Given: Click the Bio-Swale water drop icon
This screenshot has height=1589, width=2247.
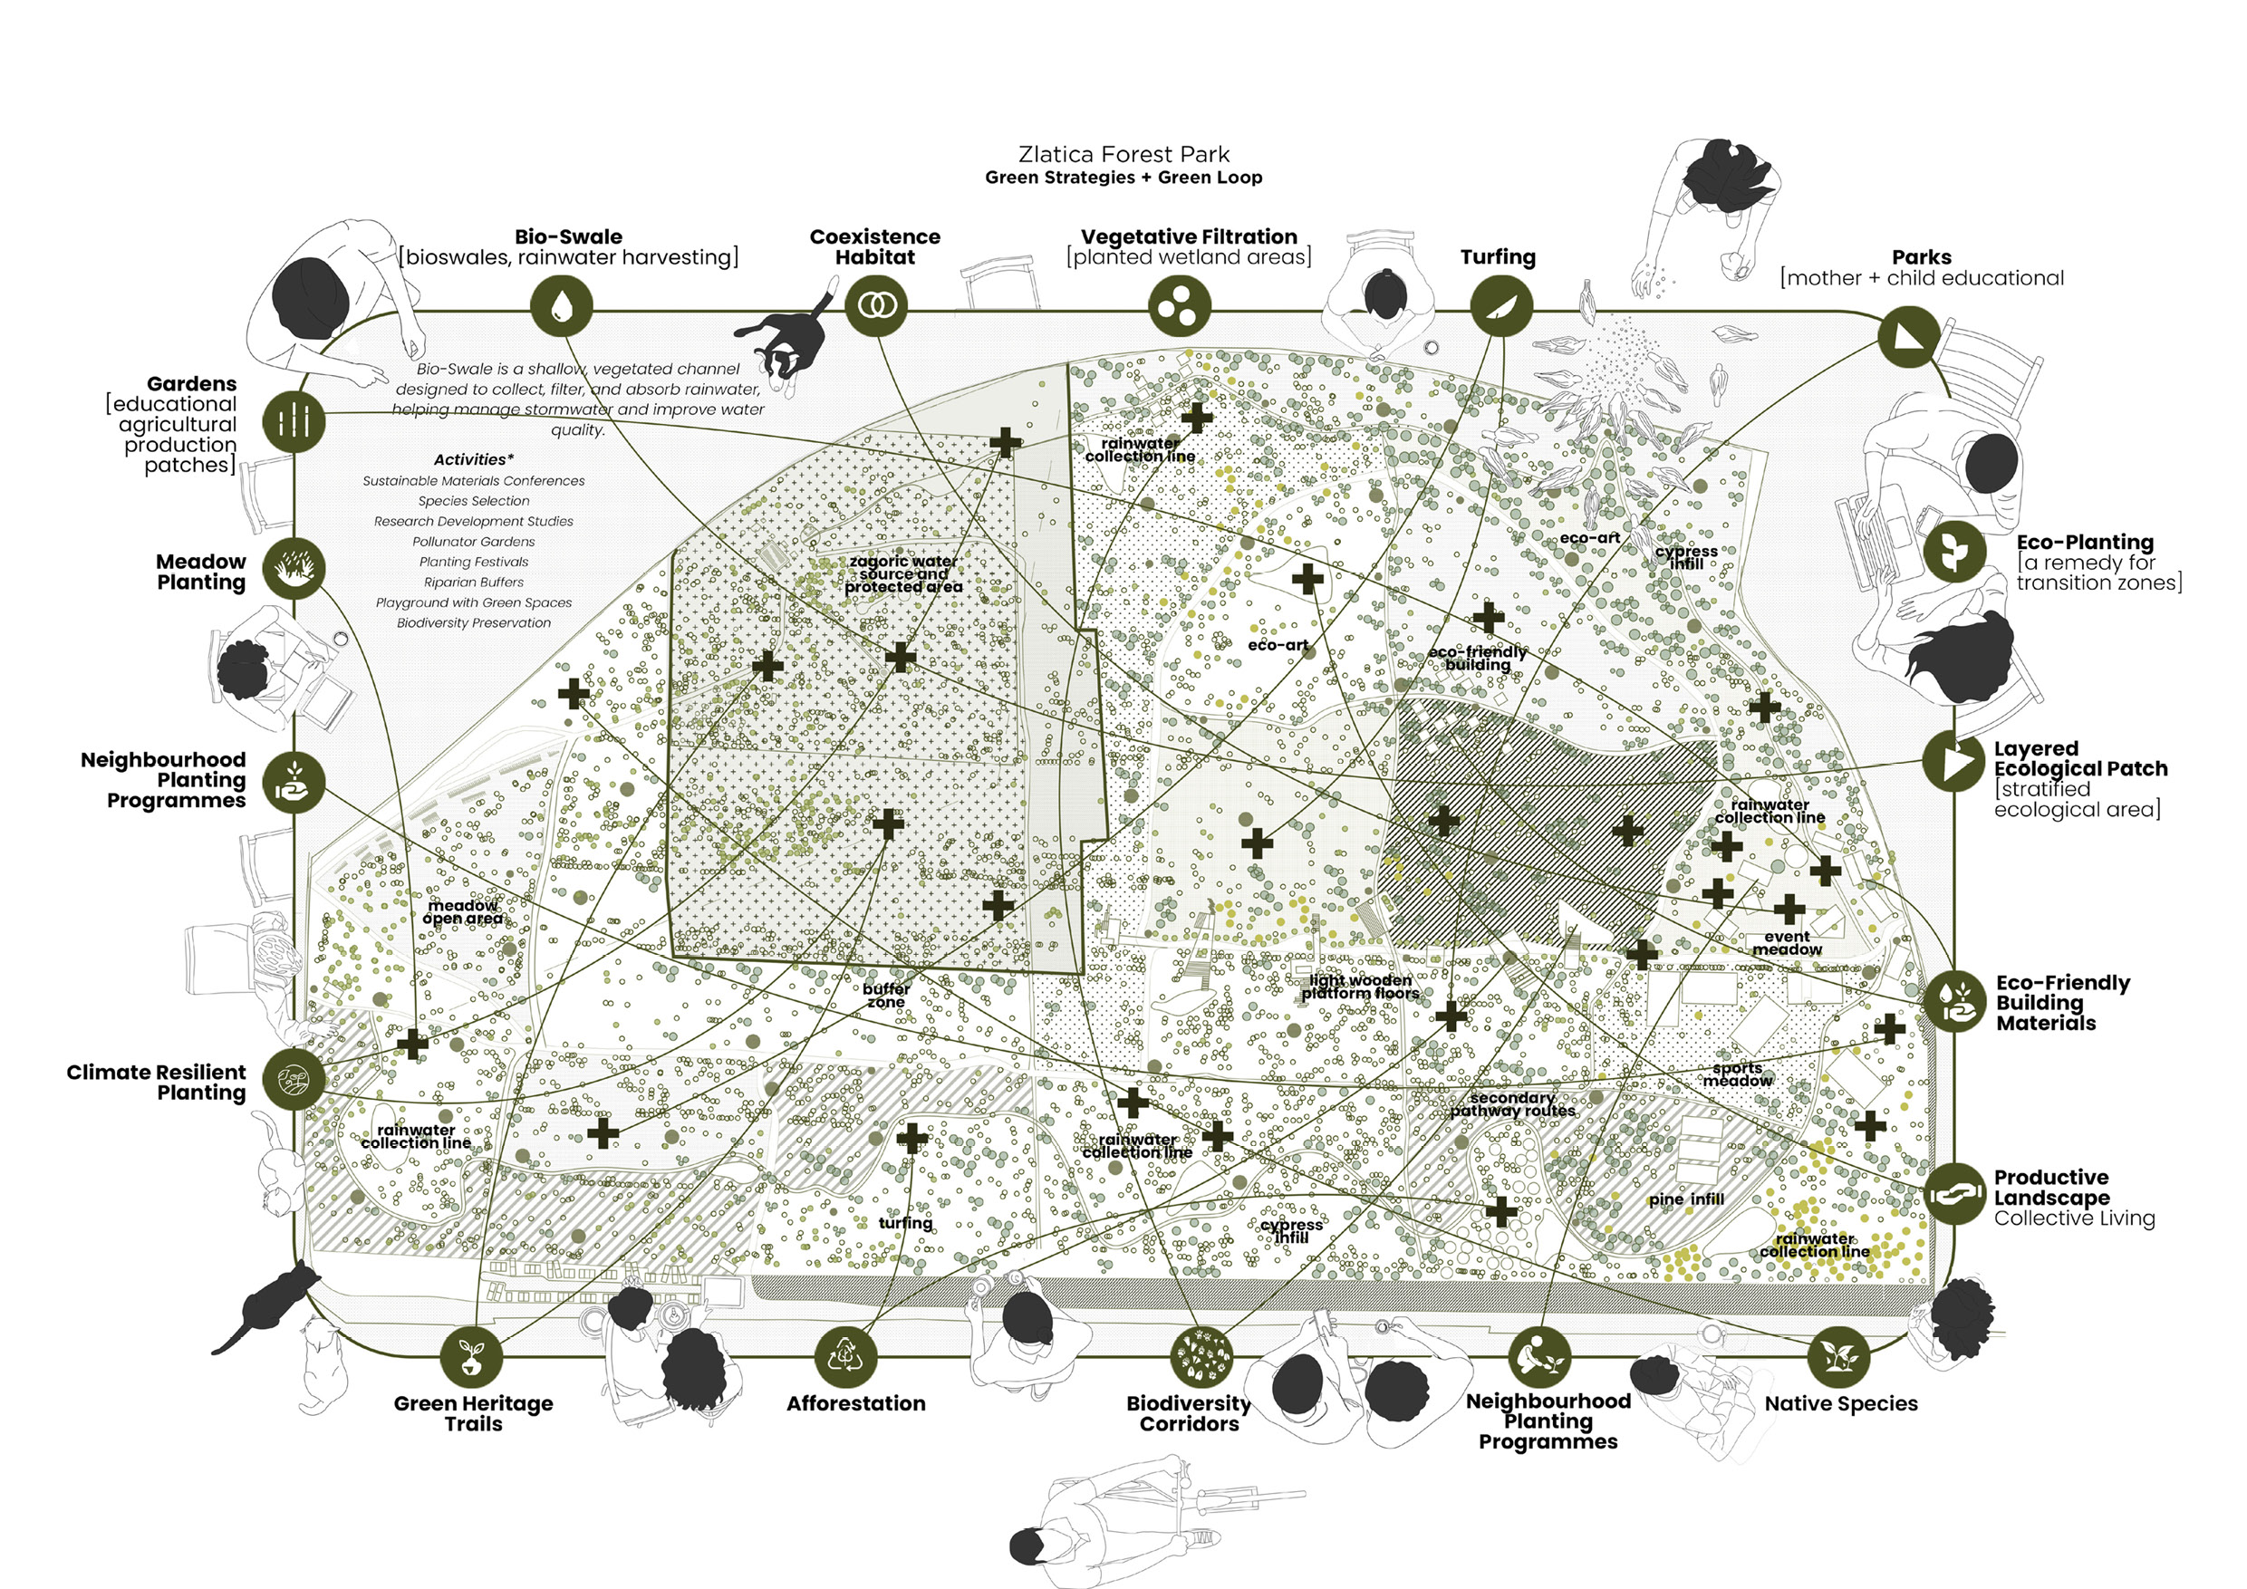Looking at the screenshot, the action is (x=562, y=306).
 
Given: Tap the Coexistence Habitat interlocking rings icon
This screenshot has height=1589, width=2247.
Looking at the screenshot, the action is (x=876, y=306).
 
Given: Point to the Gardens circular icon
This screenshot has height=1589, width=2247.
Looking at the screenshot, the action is (x=294, y=422).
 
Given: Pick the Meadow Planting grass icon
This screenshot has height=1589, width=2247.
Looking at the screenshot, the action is (x=294, y=567).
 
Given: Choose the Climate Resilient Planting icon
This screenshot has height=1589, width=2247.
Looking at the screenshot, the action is (x=294, y=1078).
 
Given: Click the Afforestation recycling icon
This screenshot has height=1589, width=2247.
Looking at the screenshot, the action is (x=846, y=1356).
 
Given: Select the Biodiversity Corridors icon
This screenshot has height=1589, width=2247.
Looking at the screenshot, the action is (x=1201, y=1356).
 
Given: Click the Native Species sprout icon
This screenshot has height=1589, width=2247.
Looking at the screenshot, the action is (x=1839, y=1356).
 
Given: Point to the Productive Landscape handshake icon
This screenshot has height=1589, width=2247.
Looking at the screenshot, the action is (x=1954, y=1194).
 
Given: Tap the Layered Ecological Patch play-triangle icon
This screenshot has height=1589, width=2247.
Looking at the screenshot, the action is (x=1954, y=760).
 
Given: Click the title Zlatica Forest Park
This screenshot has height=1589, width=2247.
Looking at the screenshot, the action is (x=1123, y=155).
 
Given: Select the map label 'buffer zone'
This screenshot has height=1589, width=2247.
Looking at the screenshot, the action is (x=887, y=995).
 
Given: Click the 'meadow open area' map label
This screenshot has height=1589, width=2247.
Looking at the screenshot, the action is (x=463, y=912).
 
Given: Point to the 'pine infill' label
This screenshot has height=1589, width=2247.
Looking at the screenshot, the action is (x=1686, y=1199).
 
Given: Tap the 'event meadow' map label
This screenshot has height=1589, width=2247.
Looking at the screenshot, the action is (x=1787, y=943).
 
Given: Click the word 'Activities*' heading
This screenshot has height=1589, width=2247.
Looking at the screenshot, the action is (x=474, y=460).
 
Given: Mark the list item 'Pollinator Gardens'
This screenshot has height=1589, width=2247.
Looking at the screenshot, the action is (x=474, y=542).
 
